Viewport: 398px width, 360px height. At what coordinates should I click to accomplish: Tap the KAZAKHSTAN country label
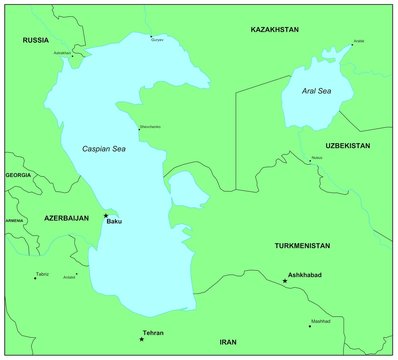(x=273, y=30)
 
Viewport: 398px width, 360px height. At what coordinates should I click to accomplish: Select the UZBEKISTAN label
(x=347, y=146)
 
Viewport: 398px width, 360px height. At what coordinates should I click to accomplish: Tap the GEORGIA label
(x=18, y=175)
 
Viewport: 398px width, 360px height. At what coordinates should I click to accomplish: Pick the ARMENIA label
(x=14, y=220)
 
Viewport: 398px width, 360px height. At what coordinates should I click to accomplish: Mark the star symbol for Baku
(x=106, y=215)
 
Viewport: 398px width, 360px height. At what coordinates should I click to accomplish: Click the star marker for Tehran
(x=141, y=339)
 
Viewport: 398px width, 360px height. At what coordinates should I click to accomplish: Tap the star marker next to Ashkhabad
(x=285, y=281)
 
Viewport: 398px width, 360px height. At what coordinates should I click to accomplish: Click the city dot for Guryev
(x=151, y=36)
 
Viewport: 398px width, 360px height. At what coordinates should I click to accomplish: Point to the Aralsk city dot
(x=352, y=45)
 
